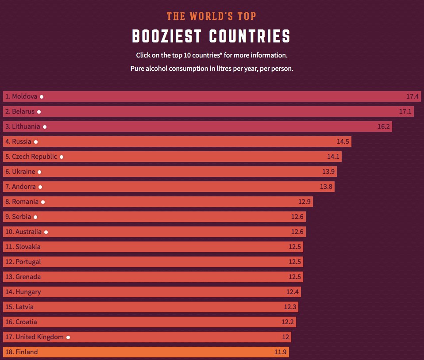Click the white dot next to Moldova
click(x=41, y=96)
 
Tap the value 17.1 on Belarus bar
click(x=405, y=111)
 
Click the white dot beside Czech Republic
click(x=62, y=157)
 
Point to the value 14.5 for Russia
click(x=343, y=142)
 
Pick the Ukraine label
click(x=20, y=172)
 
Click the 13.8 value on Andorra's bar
click(x=326, y=187)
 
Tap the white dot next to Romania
click(x=43, y=202)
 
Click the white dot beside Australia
click(x=46, y=232)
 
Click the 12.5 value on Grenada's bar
click(x=295, y=277)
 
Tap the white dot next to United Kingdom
click(x=68, y=337)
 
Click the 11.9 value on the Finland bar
click(x=281, y=352)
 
